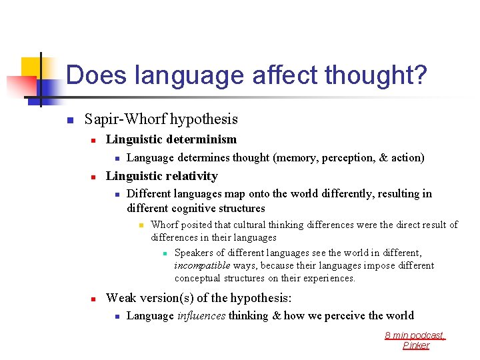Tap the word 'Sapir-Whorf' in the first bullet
click(125, 119)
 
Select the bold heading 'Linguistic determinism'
click(171, 139)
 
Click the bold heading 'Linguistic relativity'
click(162, 176)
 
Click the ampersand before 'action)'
click(383, 158)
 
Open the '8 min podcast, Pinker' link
click(415, 340)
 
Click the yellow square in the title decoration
click(31, 67)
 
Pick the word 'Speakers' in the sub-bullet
click(194, 253)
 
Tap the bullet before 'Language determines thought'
click(116, 159)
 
